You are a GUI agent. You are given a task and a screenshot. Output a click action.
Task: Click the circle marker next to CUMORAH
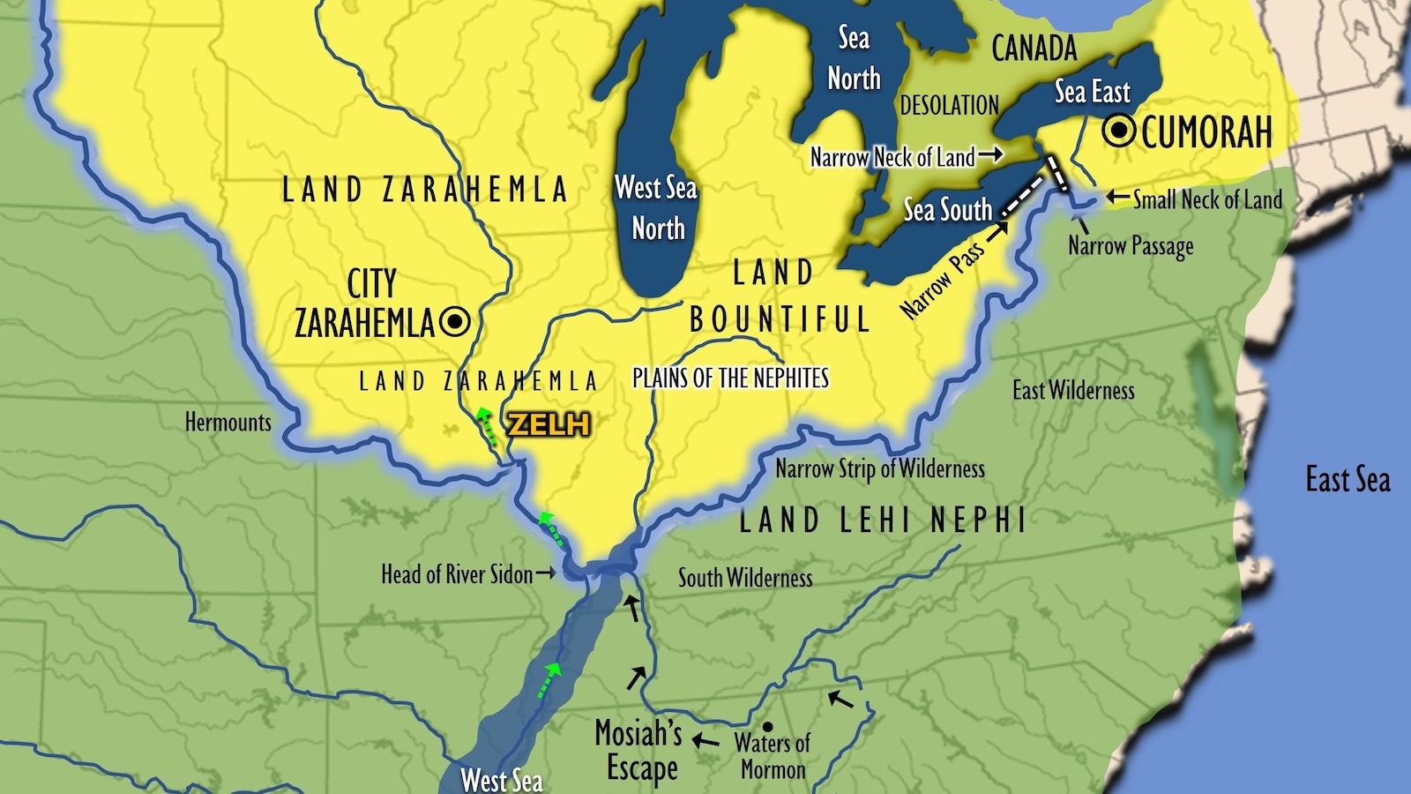pyautogui.click(x=1121, y=131)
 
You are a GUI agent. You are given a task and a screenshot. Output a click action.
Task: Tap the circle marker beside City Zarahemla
pyautogui.click(x=455, y=322)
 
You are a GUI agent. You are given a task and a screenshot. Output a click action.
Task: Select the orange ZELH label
pyautogui.click(x=548, y=425)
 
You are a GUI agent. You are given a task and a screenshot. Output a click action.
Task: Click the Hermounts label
pyautogui.click(x=228, y=422)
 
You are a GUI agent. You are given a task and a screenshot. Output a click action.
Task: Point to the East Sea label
pyautogui.click(x=1347, y=480)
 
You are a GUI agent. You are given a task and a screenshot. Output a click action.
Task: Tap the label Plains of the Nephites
pyautogui.click(x=730, y=378)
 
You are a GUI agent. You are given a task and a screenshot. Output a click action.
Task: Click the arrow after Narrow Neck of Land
pyautogui.click(x=991, y=155)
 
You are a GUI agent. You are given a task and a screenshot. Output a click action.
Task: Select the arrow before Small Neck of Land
pyautogui.click(x=1118, y=198)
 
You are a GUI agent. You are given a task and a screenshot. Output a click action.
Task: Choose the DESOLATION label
pyautogui.click(x=949, y=106)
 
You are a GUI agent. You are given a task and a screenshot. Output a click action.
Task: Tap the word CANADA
pyautogui.click(x=1034, y=49)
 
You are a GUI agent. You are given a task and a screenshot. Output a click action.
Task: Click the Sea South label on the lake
pyautogui.click(x=947, y=210)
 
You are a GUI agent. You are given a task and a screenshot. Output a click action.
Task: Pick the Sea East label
pyautogui.click(x=1092, y=92)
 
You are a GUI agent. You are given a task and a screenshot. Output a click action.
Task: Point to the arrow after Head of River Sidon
pyautogui.click(x=546, y=573)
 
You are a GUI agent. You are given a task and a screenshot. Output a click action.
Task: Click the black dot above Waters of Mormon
pyautogui.click(x=767, y=726)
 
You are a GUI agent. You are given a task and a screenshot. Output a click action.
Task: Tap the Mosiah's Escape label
pyautogui.click(x=640, y=749)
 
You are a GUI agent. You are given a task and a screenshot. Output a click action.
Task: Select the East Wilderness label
pyautogui.click(x=1072, y=390)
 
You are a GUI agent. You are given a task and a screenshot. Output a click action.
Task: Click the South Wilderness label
pyautogui.click(x=744, y=578)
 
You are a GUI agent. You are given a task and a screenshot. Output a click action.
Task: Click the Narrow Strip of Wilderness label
pyautogui.click(x=879, y=468)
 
